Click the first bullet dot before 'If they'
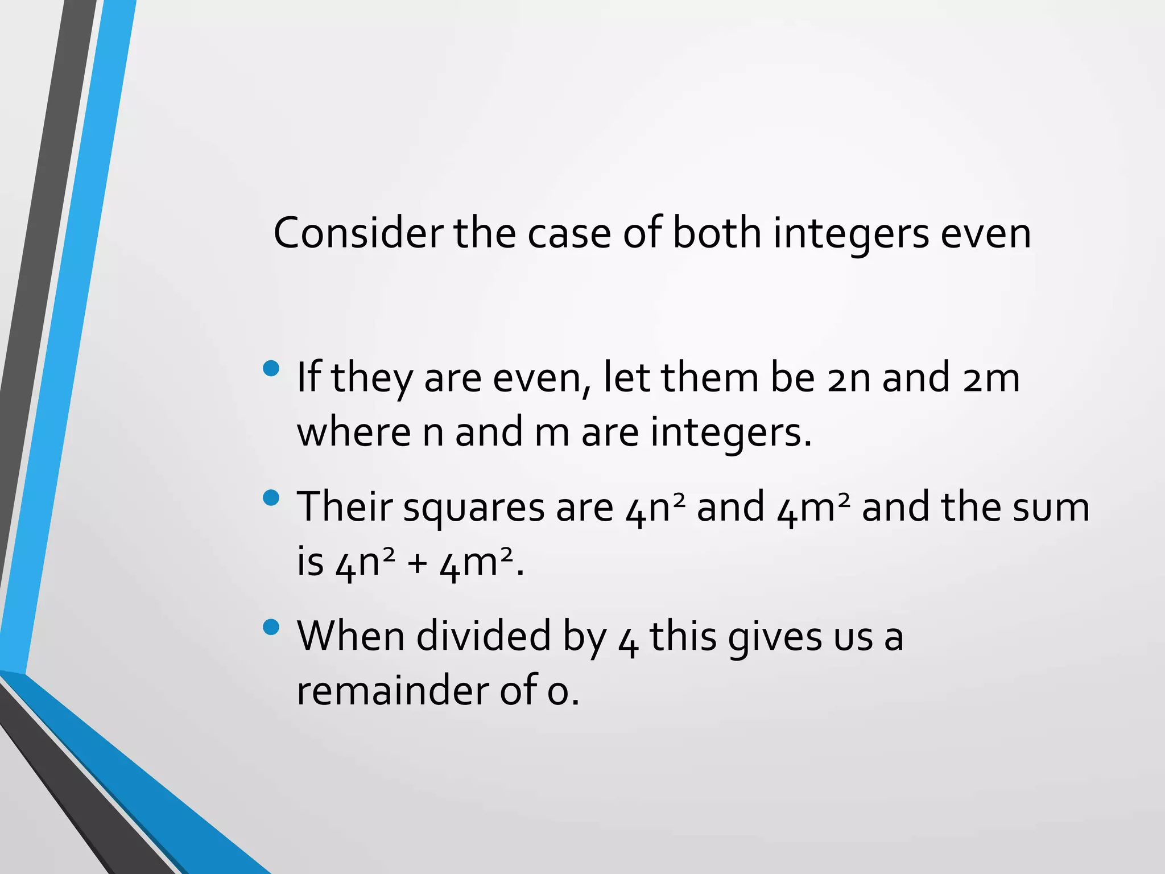point(272,369)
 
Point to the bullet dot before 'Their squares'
point(272,498)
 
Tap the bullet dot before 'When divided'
point(272,627)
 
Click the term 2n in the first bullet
point(849,378)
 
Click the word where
point(353,432)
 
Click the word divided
point(484,636)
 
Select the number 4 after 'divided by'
point(628,640)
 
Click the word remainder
point(391,690)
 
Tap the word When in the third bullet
point(350,636)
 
